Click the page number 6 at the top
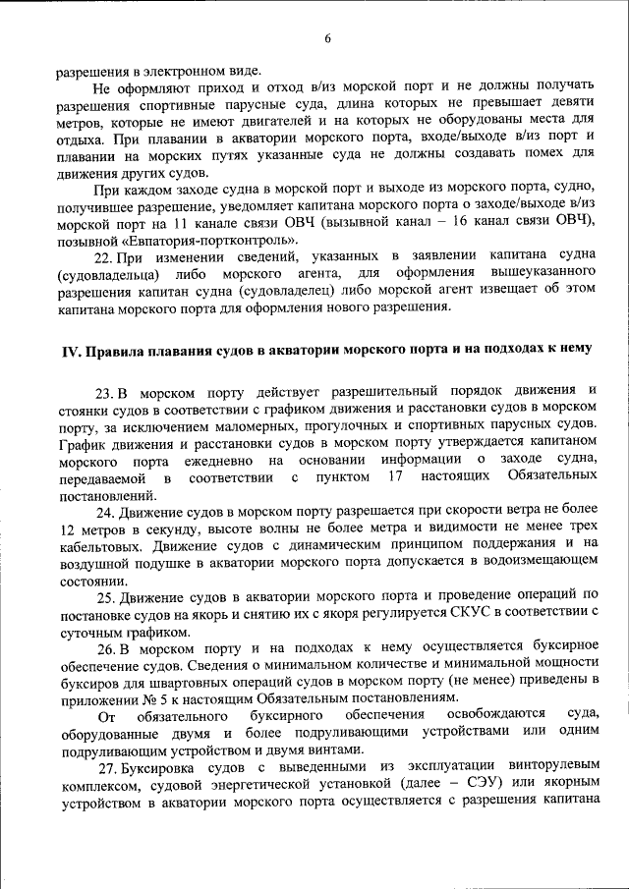327,38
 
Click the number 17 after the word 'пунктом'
396,477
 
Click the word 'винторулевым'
553,765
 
